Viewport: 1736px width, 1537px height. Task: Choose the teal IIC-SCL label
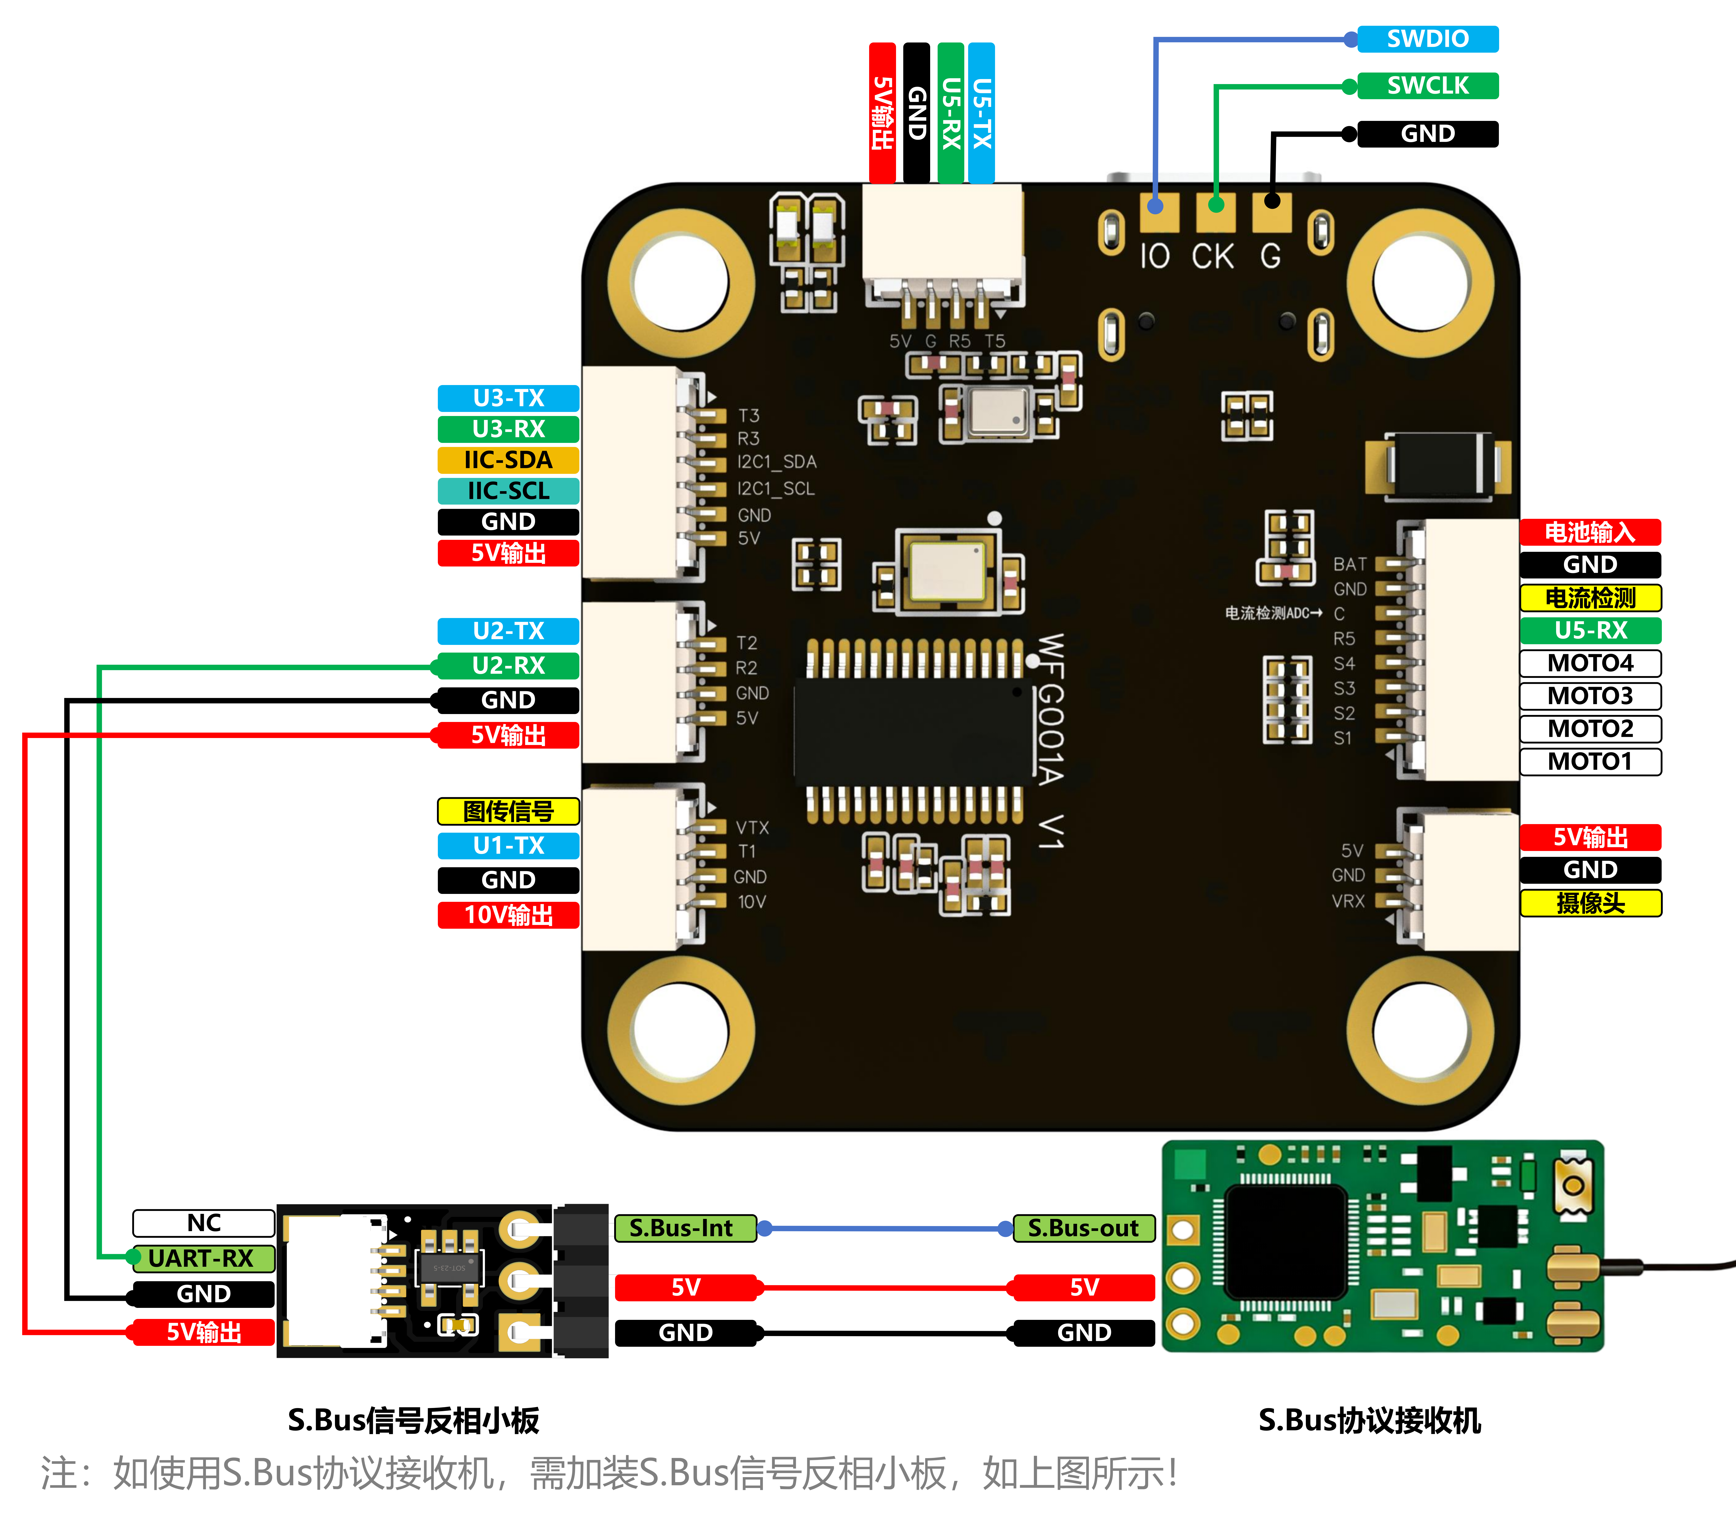coord(508,491)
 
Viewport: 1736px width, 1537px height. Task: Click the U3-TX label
coord(508,397)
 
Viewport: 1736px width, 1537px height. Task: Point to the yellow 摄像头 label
coord(1590,903)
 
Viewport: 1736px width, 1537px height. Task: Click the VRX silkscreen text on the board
coord(1348,901)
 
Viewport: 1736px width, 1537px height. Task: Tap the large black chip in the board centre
coord(913,732)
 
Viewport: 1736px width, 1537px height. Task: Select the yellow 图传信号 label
coord(508,811)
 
